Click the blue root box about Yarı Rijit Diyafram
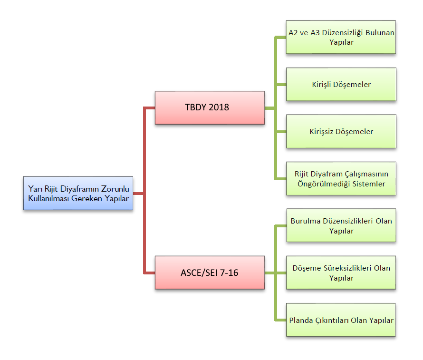pos(78,194)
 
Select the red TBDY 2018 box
pos(210,107)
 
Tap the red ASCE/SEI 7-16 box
pos(210,272)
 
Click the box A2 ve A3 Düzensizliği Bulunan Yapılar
pos(341,37)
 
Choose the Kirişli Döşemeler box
pos(341,84)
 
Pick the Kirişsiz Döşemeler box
pos(341,131)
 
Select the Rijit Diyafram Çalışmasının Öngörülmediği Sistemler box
pos(341,178)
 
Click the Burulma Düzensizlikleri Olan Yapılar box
pos(341,225)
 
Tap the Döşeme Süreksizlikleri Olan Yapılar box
pos(341,272)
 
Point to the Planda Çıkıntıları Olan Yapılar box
pos(341,320)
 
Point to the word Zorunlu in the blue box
pos(116,189)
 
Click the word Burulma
pos(305,221)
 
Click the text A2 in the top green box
pos(294,33)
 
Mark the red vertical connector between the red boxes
pos(144,190)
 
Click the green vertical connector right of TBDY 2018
pos(276,107)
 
